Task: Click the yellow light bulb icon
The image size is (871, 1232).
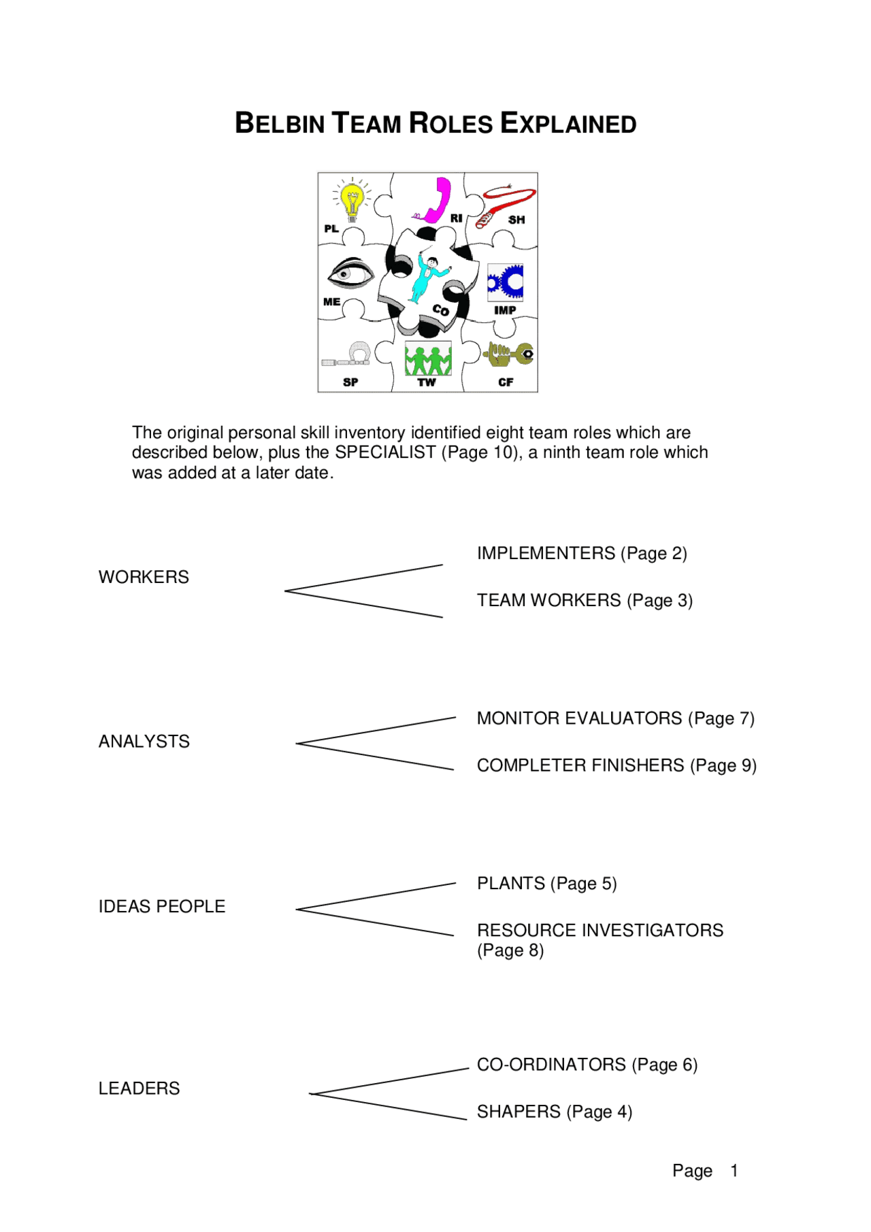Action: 352,199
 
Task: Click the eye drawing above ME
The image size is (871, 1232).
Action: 351,273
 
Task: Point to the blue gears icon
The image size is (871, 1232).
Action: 506,282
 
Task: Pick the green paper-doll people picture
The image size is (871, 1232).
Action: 428,359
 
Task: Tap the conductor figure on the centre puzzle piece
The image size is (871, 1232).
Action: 425,278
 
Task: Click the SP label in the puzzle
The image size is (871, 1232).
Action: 350,382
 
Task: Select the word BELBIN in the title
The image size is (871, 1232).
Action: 280,124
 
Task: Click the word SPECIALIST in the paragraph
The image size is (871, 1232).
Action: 385,452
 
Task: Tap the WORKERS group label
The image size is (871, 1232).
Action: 144,577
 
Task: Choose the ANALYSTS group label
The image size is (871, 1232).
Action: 144,742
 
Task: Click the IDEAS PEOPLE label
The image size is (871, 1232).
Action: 162,906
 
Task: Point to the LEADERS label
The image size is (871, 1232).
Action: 139,1088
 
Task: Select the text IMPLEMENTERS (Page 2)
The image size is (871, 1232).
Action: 582,553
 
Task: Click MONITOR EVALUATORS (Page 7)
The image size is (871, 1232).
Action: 615,718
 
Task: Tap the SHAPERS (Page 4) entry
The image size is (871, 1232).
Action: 555,1111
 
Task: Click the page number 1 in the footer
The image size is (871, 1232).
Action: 734,1170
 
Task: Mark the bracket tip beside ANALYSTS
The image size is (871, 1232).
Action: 298,744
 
